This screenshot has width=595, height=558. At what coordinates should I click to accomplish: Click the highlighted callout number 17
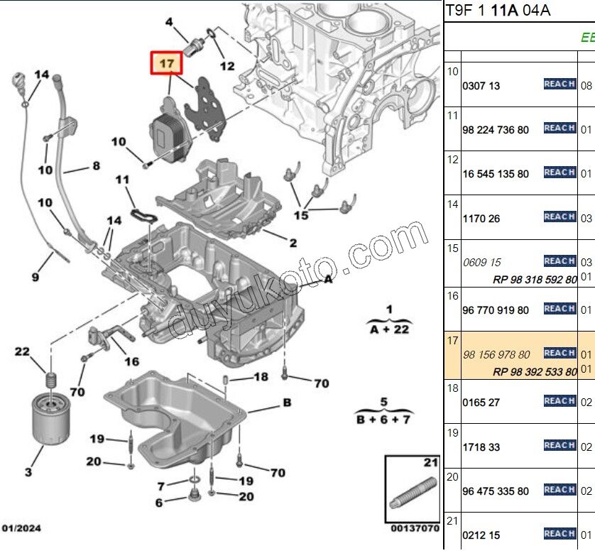click(x=166, y=64)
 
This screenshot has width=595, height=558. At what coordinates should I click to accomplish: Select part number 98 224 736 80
click(x=495, y=130)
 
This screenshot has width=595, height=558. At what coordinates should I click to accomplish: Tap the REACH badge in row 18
click(x=559, y=401)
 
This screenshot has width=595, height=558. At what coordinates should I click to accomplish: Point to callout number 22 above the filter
click(x=23, y=352)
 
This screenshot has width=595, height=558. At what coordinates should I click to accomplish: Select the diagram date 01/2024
click(x=22, y=529)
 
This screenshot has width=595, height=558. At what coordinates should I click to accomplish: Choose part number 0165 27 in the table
click(x=481, y=403)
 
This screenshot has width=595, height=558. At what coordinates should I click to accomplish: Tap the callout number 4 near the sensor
click(x=169, y=23)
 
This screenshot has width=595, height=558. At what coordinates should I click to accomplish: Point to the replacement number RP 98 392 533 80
click(x=535, y=371)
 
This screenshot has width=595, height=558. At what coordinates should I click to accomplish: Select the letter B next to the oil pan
click(x=287, y=403)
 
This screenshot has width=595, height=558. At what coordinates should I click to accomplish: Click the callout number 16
click(x=131, y=361)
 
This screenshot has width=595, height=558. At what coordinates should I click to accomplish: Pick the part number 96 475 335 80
click(x=495, y=491)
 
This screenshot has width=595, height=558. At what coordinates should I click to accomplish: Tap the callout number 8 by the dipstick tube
click(x=96, y=168)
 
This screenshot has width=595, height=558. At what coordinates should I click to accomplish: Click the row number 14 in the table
click(x=452, y=204)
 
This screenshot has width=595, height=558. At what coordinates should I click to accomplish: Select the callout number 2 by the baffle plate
click(x=293, y=243)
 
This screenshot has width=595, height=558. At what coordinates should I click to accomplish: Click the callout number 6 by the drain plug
click(x=159, y=503)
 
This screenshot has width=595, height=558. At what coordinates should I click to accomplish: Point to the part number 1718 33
click(x=481, y=447)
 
